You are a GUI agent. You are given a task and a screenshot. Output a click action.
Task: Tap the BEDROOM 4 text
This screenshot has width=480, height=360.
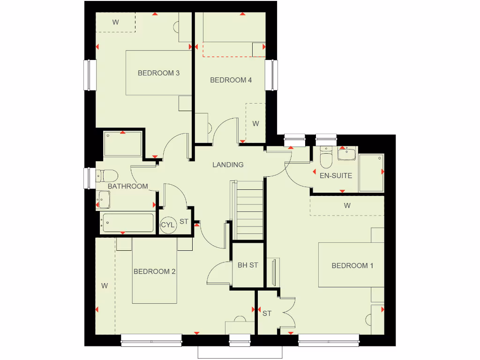pyautogui.click(x=231, y=80)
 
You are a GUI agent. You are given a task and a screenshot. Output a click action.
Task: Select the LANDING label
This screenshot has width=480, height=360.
pyautogui.click(x=228, y=165)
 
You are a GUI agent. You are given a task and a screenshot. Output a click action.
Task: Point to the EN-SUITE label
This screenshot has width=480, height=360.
pyautogui.click(x=336, y=176)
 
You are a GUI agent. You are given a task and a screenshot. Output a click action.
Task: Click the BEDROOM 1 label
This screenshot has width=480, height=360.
pyautogui.click(x=352, y=266)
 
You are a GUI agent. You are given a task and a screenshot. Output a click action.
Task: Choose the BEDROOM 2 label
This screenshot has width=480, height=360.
pyautogui.click(x=155, y=271)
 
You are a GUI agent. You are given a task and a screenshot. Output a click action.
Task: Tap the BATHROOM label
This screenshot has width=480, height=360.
pyautogui.click(x=127, y=186)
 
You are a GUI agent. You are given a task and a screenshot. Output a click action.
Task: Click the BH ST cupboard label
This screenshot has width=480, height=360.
pyautogui.click(x=248, y=265)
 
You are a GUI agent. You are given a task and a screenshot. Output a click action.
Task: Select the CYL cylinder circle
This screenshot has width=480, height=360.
pyautogui.click(x=167, y=225)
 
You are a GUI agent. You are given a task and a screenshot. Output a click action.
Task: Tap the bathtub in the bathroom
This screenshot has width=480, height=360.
pyautogui.click(x=127, y=223)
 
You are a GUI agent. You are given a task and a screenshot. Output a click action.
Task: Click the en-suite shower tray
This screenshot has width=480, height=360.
pyautogui.click(x=371, y=173)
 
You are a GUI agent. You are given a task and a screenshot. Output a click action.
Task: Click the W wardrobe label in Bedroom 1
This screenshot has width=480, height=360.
pyautogui.click(x=347, y=206)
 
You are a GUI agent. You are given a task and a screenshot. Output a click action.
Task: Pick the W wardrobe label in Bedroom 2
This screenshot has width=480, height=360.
pyautogui.click(x=105, y=285)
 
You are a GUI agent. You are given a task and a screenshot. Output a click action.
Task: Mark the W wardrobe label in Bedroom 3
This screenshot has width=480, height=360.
pyautogui.click(x=115, y=22)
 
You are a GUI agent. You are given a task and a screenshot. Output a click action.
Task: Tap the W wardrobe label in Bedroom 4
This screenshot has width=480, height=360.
pyautogui.click(x=255, y=124)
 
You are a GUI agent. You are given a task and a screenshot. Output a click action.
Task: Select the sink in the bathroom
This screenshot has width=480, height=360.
pyautogui.click(x=104, y=201)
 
